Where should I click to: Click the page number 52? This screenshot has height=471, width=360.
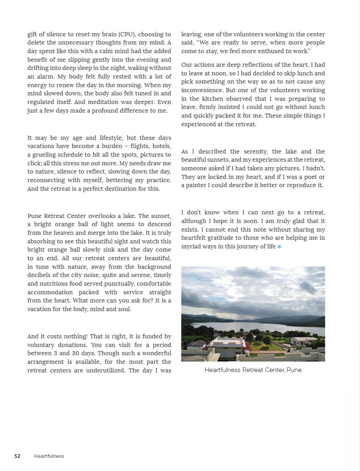pos(17,456)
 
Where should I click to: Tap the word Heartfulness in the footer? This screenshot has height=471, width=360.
pos(49,456)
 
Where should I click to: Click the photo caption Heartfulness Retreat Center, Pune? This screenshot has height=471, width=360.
pos(253,370)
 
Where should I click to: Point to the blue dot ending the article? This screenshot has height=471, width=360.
pos(279,247)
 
